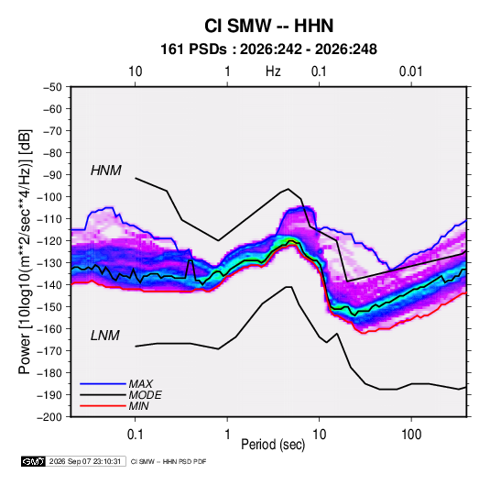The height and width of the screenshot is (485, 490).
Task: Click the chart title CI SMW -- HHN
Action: [x=268, y=26]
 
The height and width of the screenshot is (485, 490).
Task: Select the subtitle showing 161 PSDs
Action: [x=268, y=50]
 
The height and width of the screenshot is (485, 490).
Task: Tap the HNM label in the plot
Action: [x=106, y=171]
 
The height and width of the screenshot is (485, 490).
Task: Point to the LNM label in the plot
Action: [x=105, y=336]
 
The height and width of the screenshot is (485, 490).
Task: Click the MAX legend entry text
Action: [x=141, y=384]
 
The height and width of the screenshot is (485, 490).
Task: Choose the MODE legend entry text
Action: [x=145, y=395]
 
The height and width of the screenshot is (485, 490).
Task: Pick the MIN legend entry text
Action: [x=138, y=406]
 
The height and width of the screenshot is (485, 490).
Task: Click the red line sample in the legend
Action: [x=103, y=406]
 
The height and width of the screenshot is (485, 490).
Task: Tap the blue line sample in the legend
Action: [x=103, y=383]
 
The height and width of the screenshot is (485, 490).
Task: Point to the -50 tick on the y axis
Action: [x=52, y=87]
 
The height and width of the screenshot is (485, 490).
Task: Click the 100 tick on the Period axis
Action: [x=411, y=435]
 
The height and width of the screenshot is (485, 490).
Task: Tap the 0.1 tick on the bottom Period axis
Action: [x=135, y=435]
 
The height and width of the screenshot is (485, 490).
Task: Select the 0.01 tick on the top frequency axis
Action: [x=410, y=72]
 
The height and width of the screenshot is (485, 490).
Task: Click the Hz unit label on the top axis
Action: [x=273, y=72]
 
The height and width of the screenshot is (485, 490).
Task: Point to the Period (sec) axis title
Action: [x=273, y=445]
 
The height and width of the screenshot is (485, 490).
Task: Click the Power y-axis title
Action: [x=25, y=252]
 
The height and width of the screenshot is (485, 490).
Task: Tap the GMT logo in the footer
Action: [x=34, y=461]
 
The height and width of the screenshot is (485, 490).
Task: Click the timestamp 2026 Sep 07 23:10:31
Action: [x=85, y=461]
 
